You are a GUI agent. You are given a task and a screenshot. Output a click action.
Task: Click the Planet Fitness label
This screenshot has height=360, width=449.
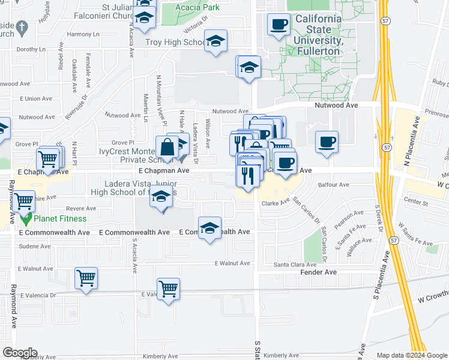pos(60,219)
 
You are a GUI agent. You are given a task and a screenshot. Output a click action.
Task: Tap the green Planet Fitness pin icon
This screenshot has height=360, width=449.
pos(26,218)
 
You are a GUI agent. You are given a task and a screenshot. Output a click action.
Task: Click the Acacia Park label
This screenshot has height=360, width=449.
pos(197,7)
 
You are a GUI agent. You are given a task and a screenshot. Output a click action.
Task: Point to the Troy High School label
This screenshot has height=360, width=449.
pos(176,43)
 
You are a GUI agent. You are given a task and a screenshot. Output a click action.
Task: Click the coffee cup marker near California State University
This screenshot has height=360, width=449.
pos(278,24)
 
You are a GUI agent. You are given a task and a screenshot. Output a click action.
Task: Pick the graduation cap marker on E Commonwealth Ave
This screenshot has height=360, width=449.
pos(209,229)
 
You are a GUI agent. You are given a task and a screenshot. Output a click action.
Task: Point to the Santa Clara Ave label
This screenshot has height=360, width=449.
pos(295,265)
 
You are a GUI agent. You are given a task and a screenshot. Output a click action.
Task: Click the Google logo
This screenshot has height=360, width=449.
pos(20,352)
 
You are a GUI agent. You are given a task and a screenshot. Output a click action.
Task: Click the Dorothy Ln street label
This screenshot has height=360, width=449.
pos(31,50)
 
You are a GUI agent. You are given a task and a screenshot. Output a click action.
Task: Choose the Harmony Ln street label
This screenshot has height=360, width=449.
pos(83,34)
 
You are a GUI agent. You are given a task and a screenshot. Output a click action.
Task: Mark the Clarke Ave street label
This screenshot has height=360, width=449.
pos(276,204)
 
